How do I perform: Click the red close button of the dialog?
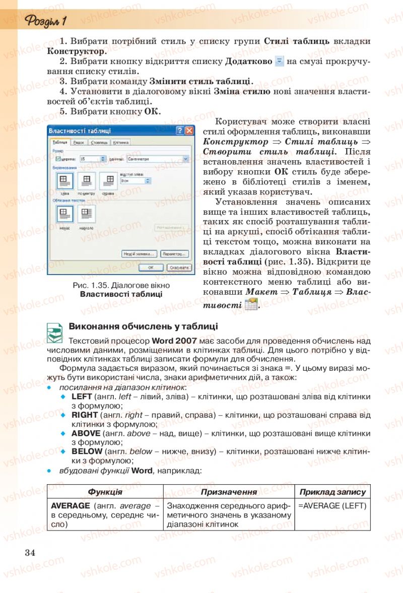(x=189, y=131)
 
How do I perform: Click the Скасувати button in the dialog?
(x=179, y=268)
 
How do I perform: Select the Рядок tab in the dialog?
(x=78, y=143)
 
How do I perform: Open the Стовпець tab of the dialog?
(x=100, y=143)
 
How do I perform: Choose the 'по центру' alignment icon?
(x=86, y=180)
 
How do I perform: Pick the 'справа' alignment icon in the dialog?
(x=107, y=180)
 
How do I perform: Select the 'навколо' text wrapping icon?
(x=86, y=214)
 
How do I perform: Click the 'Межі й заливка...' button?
(x=139, y=253)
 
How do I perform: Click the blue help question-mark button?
(x=179, y=131)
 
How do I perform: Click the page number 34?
(x=30, y=552)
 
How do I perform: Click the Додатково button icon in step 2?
(x=280, y=61)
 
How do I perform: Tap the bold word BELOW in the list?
(x=86, y=451)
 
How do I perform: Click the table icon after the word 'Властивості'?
(x=250, y=304)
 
